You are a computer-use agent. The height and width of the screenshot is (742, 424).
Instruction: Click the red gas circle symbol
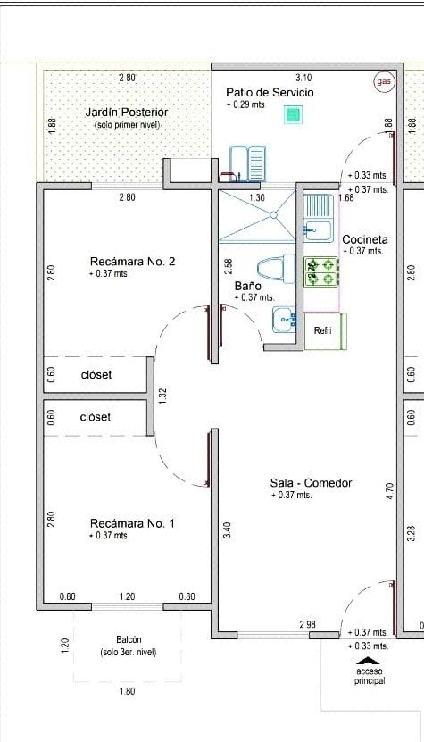384,82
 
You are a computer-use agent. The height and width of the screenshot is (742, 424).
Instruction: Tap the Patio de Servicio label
270,92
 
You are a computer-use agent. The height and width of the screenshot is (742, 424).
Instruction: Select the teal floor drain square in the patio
294,115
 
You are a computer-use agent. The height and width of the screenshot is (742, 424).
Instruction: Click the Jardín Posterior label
127,113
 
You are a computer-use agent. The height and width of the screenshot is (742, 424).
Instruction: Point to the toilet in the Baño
276,268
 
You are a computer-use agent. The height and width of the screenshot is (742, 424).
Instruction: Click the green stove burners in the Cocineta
320,272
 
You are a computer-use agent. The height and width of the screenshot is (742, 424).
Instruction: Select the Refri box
325,331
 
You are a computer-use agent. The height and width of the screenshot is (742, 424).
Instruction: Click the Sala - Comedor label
311,483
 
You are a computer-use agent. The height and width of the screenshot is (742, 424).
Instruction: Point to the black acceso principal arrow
370,661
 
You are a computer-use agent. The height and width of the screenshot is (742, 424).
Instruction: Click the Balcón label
129,639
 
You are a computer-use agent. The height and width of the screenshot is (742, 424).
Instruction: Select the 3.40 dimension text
226,532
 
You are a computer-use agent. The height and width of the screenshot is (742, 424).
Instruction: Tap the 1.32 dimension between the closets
162,396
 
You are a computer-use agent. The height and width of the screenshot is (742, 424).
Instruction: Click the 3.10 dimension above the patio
303,78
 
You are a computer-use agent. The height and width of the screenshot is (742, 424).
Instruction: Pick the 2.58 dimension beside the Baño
229,266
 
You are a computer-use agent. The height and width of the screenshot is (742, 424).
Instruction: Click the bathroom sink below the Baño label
284,320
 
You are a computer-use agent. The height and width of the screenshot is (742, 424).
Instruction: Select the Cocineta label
365,239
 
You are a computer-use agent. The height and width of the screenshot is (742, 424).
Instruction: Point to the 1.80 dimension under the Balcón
127,691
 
